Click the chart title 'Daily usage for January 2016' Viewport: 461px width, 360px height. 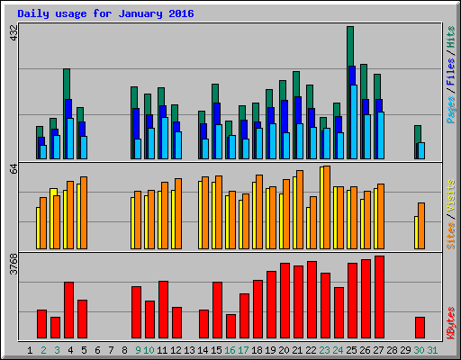coord(104,14)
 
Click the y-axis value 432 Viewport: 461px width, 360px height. coord(13,33)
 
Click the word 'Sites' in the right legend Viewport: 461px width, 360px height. coord(450,233)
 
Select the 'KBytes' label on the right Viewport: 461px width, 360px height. coord(450,320)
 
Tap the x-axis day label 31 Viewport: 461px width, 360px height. coord(433,350)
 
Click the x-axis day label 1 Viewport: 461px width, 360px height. coord(31,350)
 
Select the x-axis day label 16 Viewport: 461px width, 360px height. coord(230,350)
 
